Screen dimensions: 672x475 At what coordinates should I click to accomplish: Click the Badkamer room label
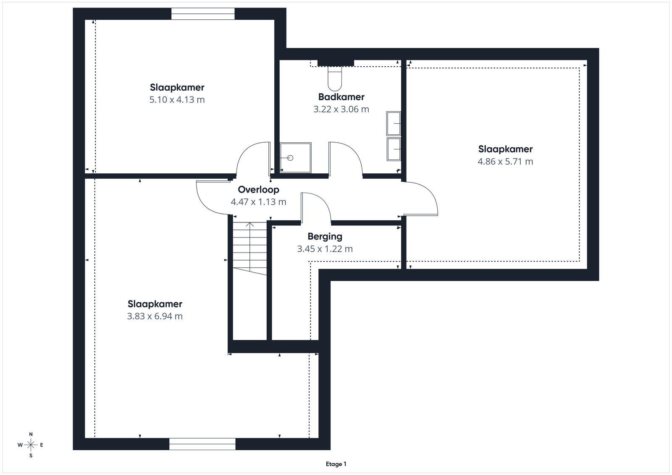coord(341,97)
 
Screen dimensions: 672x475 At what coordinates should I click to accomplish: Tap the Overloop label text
coord(258,190)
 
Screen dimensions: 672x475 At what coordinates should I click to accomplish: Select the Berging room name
coord(325,237)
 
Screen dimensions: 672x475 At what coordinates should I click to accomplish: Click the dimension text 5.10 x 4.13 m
coord(177,99)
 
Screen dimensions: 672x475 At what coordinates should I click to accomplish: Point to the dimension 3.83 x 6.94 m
coord(155,316)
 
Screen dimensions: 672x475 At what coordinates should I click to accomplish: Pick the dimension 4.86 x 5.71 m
coord(505,162)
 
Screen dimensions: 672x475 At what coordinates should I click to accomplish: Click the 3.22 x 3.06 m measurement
coord(341,109)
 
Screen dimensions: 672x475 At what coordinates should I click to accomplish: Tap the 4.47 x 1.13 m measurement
coord(258,202)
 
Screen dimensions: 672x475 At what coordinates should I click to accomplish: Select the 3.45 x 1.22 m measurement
coord(325,249)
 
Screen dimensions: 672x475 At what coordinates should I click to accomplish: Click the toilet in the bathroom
coord(335,78)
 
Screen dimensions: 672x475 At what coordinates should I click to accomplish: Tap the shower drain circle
coord(290,158)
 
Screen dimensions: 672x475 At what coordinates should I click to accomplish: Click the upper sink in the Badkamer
coord(394,123)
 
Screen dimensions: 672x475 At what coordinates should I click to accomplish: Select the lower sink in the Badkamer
coord(394,149)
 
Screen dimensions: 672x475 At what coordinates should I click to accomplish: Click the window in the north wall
coord(203,14)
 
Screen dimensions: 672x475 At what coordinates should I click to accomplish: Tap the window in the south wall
coord(202,444)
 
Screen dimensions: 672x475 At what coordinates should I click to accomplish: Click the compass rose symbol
coord(31,445)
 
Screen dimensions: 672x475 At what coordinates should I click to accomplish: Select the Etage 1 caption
coord(336,464)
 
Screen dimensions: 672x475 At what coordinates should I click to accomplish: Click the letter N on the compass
coord(31,434)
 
